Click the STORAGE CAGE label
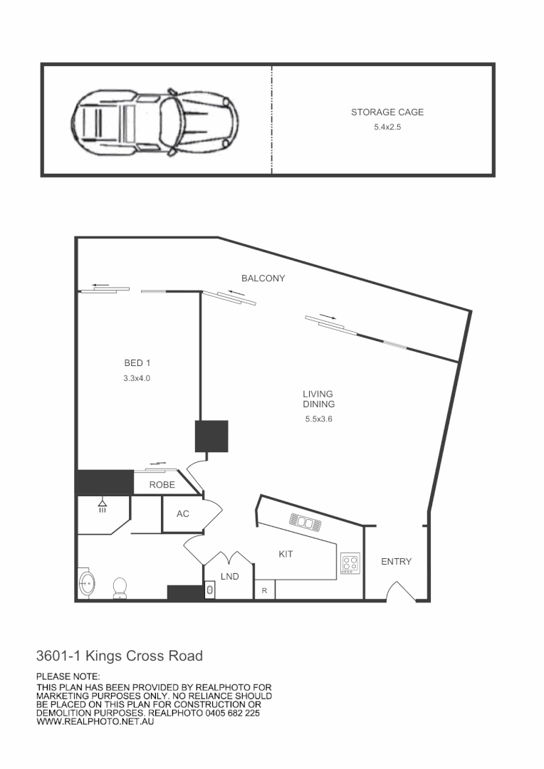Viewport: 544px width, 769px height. coord(387,113)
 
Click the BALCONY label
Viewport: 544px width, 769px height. coord(263,278)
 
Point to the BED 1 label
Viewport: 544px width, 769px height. coord(137,363)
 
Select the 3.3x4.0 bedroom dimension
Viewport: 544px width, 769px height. coord(137,379)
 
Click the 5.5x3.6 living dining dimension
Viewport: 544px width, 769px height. coord(318,419)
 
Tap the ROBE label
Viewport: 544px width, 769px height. coord(162,485)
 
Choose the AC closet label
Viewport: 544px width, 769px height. coord(183,513)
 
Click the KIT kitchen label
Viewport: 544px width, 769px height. coord(286,553)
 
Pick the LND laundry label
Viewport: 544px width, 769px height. coord(229,576)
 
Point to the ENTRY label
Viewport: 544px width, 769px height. coord(396,562)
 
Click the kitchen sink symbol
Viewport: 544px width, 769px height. coord(305,523)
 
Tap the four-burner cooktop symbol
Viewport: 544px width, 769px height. coord(350,563)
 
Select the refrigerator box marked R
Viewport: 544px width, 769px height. coord(265,590)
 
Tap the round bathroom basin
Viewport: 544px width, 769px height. coord(87,583)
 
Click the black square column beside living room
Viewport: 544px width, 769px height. coord(211,436)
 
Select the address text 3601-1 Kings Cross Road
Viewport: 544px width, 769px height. coord(120,656)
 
